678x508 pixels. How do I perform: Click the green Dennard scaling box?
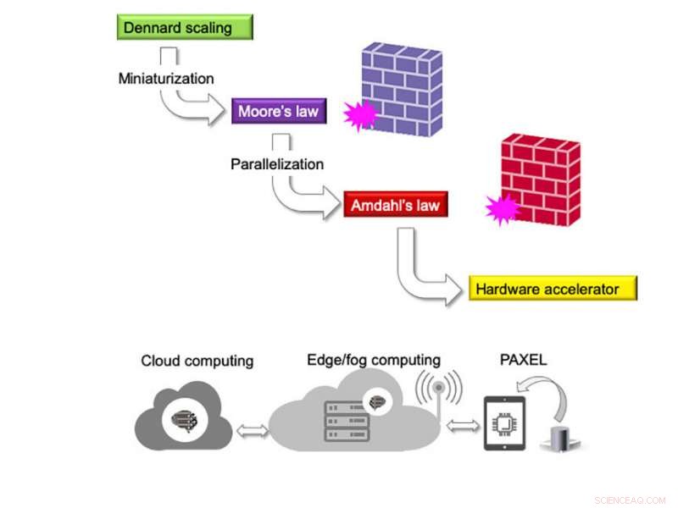tap(185, 27)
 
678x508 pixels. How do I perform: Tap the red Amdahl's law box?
tap(395, 204)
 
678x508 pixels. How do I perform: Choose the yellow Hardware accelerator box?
tap(552, 289)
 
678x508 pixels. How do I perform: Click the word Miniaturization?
tap(166, 78)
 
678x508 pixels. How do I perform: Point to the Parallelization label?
tap(277, 163)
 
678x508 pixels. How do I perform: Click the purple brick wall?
tap(401, 89)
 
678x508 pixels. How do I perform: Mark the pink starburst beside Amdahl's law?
tap(502, 208)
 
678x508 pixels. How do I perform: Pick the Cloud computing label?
tap(197, 361)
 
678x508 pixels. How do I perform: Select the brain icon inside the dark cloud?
tap(184, 417)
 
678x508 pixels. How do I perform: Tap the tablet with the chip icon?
tap(504, 423)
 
